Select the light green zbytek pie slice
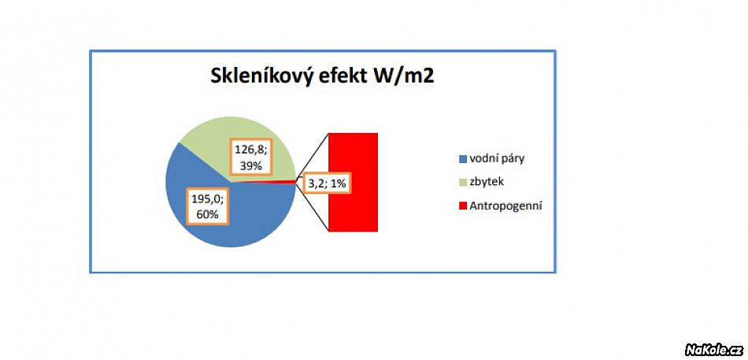coord(210,139)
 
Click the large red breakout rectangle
coord(353,183)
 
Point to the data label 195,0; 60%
coord(208,206)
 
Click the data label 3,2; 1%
coord(328,184)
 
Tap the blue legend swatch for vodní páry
coord(461,159)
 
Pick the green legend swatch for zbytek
coord(461,183)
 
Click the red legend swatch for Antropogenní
coord(461,206)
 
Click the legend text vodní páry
coord(497,159)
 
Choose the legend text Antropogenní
coord(505,206)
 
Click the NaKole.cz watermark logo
coord(713,350)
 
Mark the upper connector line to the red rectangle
coord(313,156)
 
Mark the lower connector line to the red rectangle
coord(313,208)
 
